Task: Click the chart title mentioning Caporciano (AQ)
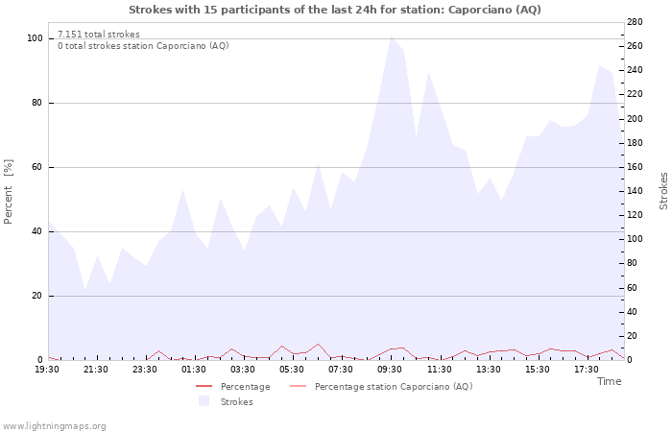click(335, 10)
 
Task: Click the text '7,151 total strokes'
click(99, 35)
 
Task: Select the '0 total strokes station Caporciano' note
click(143, 46)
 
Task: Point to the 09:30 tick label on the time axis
click(390, 369)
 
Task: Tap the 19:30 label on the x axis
click(47, 369)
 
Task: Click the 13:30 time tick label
click(488, 369)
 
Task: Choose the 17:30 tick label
click(586, 369)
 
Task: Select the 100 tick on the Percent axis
click(35, 38)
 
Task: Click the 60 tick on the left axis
click(37, 167)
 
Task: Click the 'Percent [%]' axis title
click(9, 191)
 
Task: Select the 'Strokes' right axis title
click(663, 191)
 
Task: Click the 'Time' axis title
click(609, 381)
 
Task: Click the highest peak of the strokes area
click(391, 36)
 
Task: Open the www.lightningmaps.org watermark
click(54, 425)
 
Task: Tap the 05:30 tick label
click(292, 369)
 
